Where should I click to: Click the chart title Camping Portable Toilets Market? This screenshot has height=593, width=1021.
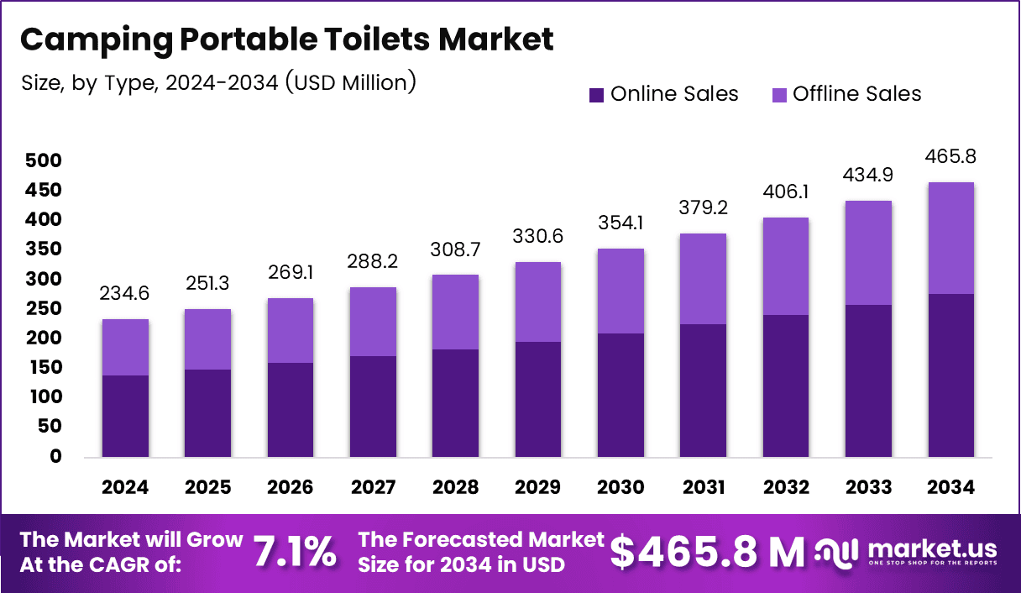point(286,40)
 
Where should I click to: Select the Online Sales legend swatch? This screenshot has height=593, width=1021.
point(596,94)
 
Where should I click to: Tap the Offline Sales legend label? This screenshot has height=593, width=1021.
point(856,94)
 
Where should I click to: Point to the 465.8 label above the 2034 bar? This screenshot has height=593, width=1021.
point(950,157)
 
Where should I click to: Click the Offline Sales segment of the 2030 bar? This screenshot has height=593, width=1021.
point(620,291)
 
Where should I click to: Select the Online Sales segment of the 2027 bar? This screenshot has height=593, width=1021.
point(373,407)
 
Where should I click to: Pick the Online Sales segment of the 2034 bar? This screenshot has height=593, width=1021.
point(950,375)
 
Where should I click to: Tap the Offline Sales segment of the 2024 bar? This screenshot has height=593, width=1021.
point(126,347)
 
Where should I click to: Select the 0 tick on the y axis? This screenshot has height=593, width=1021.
point(55,457)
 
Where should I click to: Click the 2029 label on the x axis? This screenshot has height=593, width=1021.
point(538,488)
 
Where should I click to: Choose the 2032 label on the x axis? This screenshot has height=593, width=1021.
point(786,488)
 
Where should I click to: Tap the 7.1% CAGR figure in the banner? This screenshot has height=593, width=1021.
point(295,552)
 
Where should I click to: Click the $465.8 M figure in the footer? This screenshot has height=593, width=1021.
point(707,552)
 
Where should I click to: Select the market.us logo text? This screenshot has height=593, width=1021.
point(932,548)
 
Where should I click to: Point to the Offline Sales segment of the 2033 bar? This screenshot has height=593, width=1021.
point(868,253)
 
